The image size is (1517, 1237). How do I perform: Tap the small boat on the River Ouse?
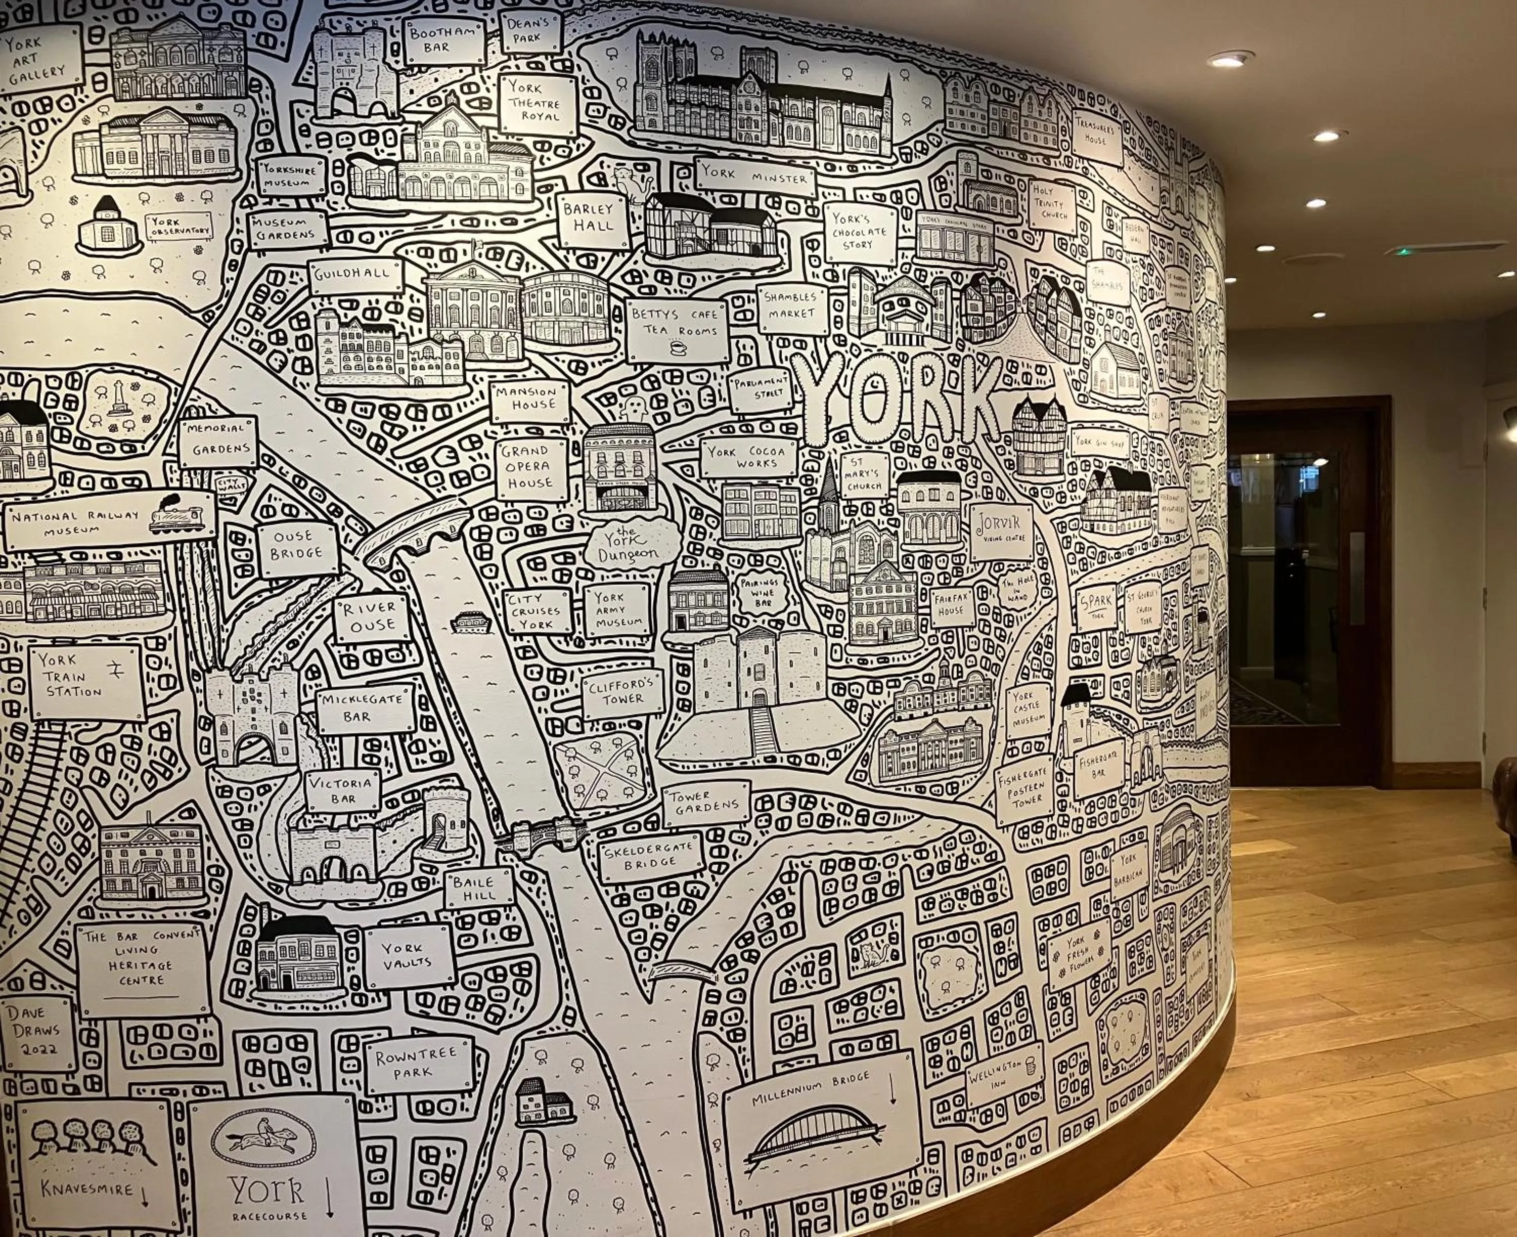[x=471, y=622]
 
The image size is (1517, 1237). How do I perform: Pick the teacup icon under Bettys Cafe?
[x=676, y=347]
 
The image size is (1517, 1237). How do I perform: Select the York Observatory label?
[x=180, y=227]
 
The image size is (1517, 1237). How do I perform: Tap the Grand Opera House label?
[x=531, y=468]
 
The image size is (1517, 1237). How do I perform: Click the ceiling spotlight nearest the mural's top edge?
[x=1230, y=59]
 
